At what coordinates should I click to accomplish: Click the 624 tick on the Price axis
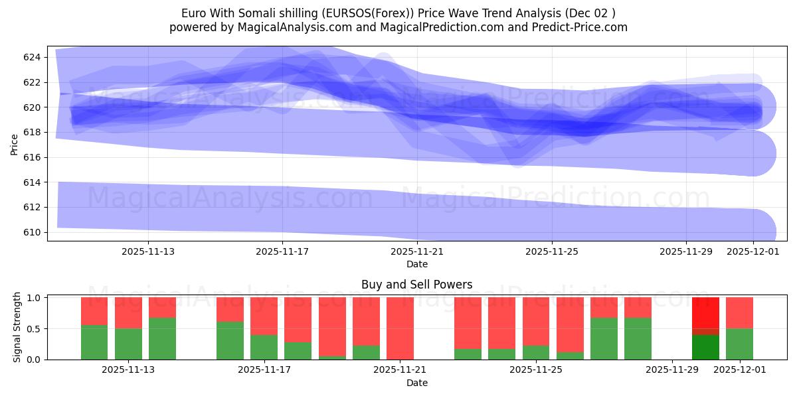(32, 57)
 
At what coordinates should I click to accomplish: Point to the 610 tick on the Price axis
(32, 232)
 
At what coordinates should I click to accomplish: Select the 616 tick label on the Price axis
(32, 157)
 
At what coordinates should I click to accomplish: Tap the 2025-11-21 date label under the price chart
(416, 252)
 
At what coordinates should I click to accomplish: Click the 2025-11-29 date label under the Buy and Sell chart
(672, 370)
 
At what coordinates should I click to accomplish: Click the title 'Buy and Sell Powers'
(416, 285)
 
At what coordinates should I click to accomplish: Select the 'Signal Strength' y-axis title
(17, 328)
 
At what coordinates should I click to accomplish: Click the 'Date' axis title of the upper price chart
(416, 264)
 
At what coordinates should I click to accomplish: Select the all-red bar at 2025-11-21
(400, 328)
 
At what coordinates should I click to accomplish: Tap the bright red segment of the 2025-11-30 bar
(705, 312)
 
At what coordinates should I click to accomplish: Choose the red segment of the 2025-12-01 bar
(739, 313)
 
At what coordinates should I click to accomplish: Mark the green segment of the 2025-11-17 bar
(264, 347)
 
